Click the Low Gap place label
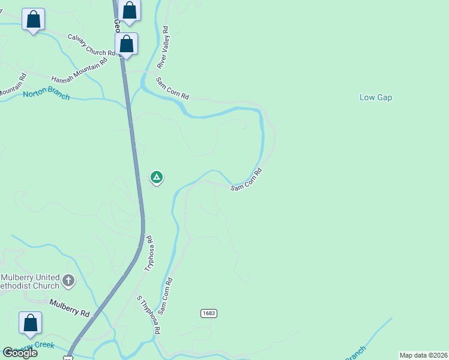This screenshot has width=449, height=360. coord(376,97)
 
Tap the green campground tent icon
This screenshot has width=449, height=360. coord(156,177)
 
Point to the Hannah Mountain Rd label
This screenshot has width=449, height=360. coord(79,70)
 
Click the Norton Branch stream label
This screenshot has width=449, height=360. coord(46,95)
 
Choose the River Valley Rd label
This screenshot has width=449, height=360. coord(163,47)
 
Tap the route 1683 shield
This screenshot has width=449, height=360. coord(208,313)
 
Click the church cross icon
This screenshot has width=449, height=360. coord(68,280)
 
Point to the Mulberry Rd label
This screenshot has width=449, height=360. coord(70,308)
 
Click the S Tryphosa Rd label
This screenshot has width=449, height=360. coord(149,315)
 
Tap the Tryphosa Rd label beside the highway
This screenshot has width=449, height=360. coord(150,253)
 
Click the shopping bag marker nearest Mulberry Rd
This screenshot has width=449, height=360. coord(30,323)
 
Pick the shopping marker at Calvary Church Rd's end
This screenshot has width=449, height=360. coord(127,44)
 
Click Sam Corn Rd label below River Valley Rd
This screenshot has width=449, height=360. coord(172,88)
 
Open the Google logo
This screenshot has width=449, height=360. coord(20,353)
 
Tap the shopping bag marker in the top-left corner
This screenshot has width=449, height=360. coord(33,20)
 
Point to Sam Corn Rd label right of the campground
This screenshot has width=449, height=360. coord(247,180)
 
